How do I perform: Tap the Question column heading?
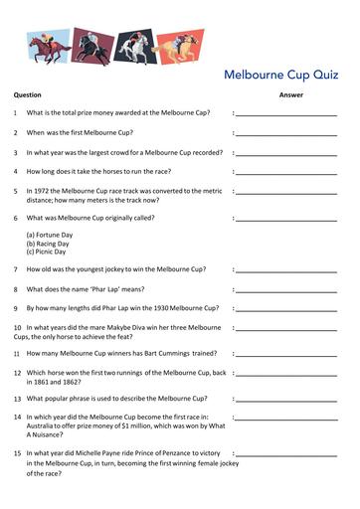pos(27,94)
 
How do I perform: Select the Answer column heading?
pos(290,94)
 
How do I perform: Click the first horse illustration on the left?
pos(49,44)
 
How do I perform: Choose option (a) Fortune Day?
pos(50,235)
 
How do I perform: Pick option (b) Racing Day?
pos(49,244)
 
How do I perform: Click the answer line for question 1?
pos(286,115)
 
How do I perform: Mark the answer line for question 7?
pos(286,271)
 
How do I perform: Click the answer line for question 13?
pos(286,399)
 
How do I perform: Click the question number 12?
pos(17,373)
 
